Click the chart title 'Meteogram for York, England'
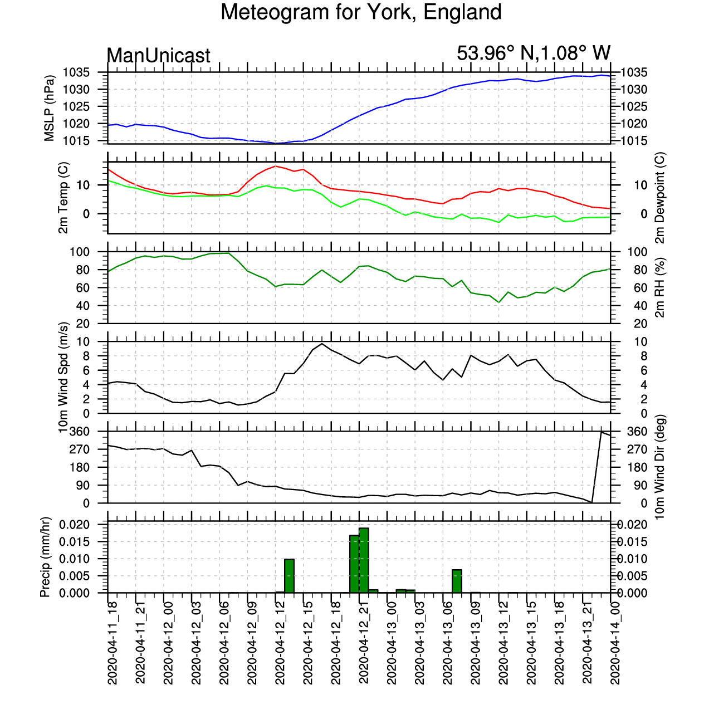click(361, 12)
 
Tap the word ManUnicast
click(159, 55)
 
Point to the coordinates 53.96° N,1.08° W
click(534, 53)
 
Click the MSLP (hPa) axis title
click(49, 108)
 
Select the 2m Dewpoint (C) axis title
click(660, 198)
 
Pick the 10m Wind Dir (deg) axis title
click(660, 467)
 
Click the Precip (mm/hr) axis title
click(45, 557)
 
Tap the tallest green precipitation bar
click(364, 560)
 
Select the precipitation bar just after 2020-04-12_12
click(289, 576)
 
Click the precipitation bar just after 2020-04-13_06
click(457, 581)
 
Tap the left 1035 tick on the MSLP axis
click(76, 72)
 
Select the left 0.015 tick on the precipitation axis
click(75, 542)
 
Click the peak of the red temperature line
click(275, 165)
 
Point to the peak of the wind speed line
click(322, 343)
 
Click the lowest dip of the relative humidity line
click(499, 302)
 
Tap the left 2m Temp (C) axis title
click(63, 198)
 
